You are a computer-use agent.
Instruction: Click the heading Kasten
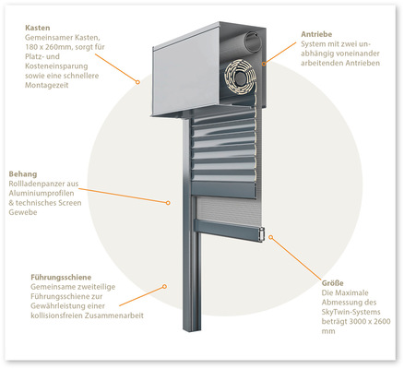pyautogui.click(x=37, y=28)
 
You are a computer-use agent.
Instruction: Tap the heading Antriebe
pyautogui.click(x=316, y=34)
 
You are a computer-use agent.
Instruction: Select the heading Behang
pyautogui.click(x=23, y=174)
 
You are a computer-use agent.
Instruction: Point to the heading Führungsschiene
pyautogui.click(x=61, y=278)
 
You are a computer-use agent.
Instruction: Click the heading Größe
pyautogui.click(x=333, y=283)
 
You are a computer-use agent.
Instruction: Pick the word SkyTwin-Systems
pyautogui.click(x=351, y=312)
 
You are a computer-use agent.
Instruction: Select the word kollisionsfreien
pyautogui.click(x=57, y=315)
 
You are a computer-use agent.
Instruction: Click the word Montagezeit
pyautogui.click(x=46, y=85)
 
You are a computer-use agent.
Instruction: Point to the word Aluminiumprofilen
pyautogui.click(x=42, y=193)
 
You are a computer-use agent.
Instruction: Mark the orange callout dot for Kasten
pyautogui.click(x=137, y=82)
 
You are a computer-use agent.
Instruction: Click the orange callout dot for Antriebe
pyautogui.click(x=264, y=64)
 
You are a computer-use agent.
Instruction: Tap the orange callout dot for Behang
pyautogui.click(x=168, y=203)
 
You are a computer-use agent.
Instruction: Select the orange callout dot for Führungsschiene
pyautogui.click(x=164, y=286)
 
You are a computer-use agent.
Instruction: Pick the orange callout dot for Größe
pyautogui.click(x=271, y=237)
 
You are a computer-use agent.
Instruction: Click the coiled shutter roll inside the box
pyautogui.click(x=241, y=78)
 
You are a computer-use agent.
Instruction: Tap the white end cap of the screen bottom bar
pyautogui.click(x=262, y=235)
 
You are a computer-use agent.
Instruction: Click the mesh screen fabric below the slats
pyautogui.click(x=228, y=210)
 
